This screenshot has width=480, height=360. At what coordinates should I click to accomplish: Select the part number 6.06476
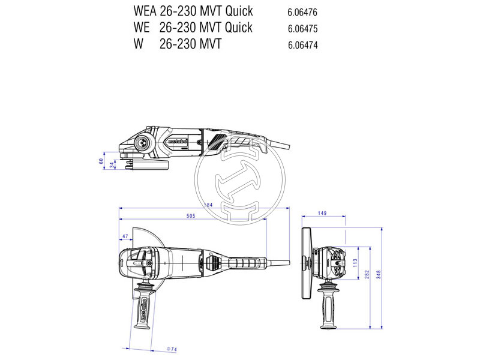302,12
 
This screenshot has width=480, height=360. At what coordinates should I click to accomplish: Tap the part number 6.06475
302,28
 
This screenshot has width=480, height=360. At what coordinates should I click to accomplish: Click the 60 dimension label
101,161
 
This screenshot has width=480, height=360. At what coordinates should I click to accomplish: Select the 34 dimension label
111,164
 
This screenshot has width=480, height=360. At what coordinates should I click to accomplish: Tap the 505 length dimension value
191,216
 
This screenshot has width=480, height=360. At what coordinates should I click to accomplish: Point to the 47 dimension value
125,237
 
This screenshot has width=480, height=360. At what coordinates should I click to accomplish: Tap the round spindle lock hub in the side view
143,143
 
